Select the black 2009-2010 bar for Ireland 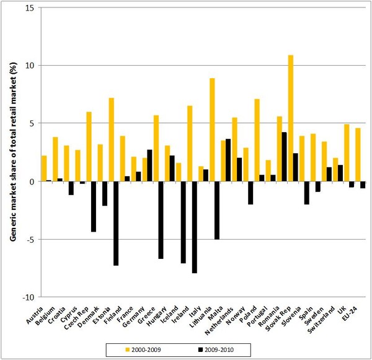(x=195, y=227)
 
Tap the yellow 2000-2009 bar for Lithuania (x=212, y=130)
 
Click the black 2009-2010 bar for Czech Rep (x=82, y=182)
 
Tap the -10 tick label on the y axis (x=29, y=297)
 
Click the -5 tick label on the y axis (x=30, y=240)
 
